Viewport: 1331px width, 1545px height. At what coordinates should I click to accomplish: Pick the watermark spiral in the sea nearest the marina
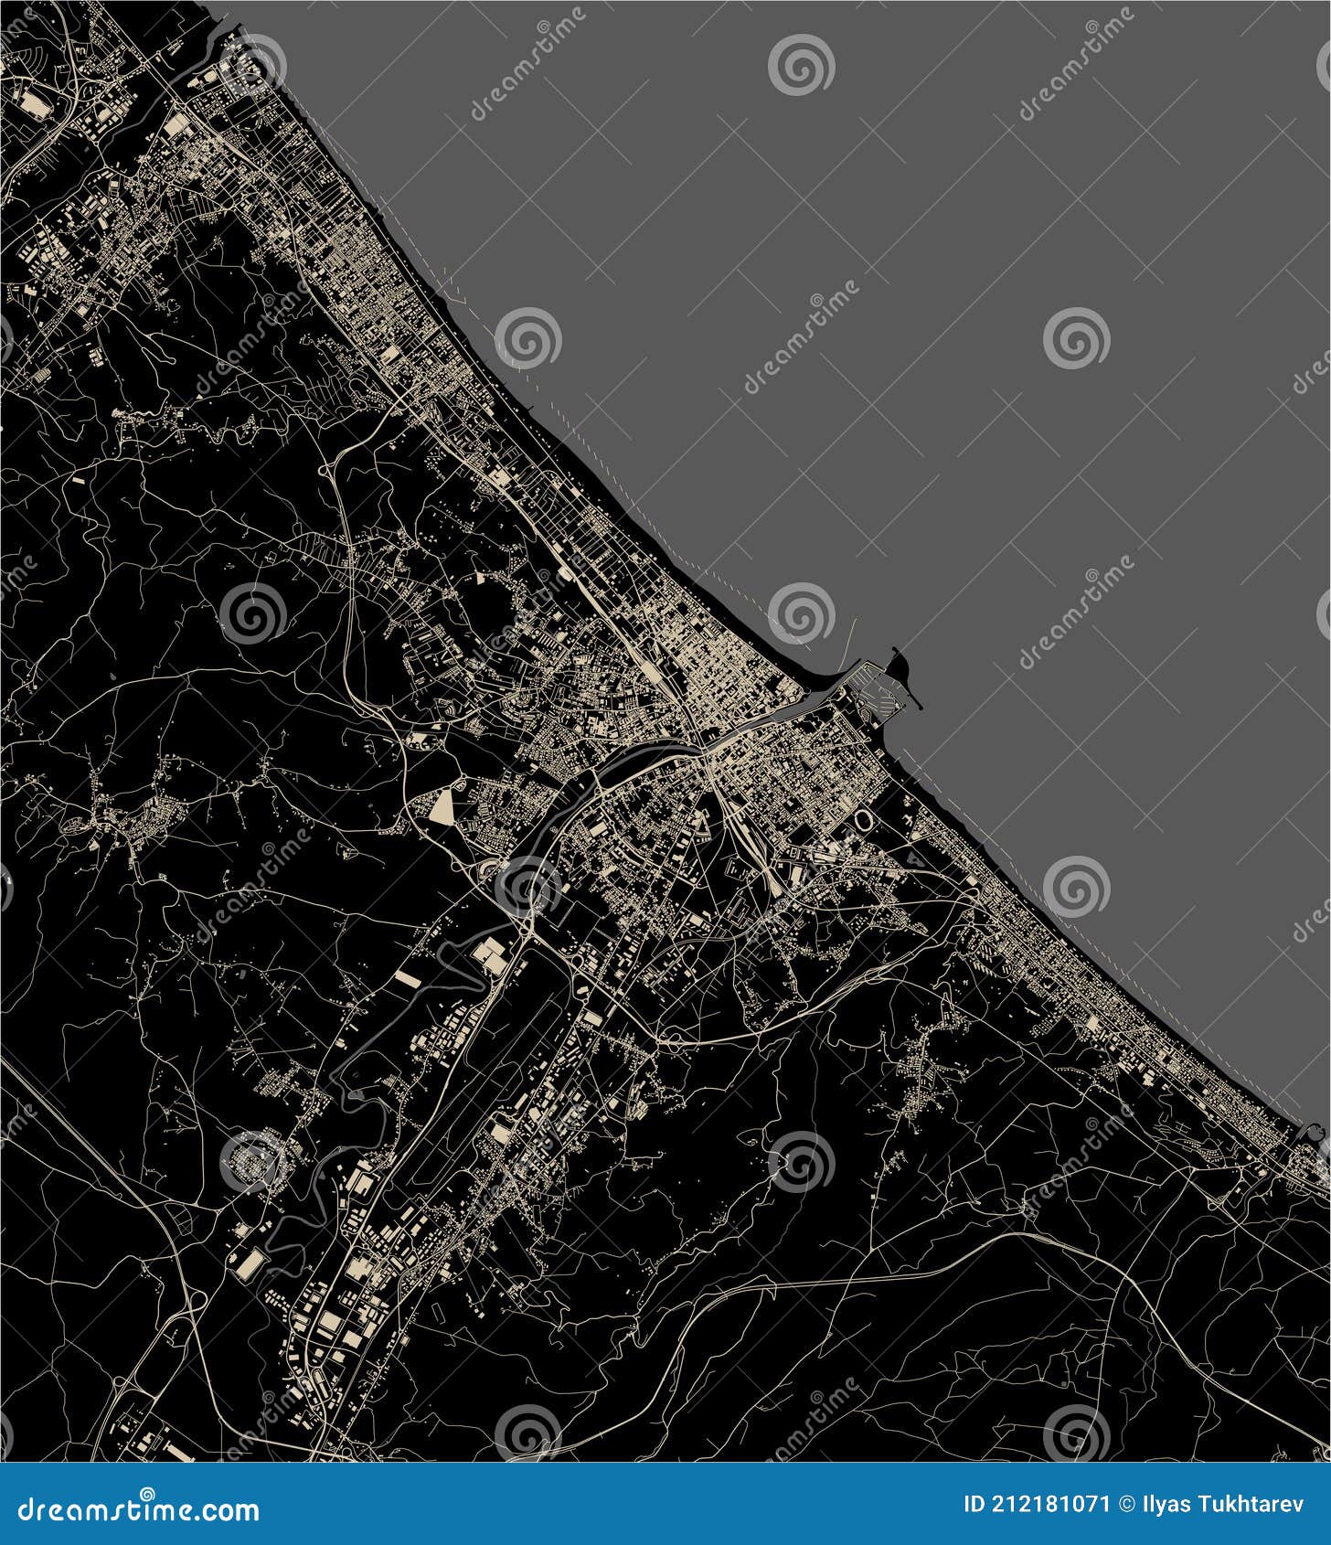801,612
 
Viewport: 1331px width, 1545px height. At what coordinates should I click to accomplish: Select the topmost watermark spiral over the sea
801,64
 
